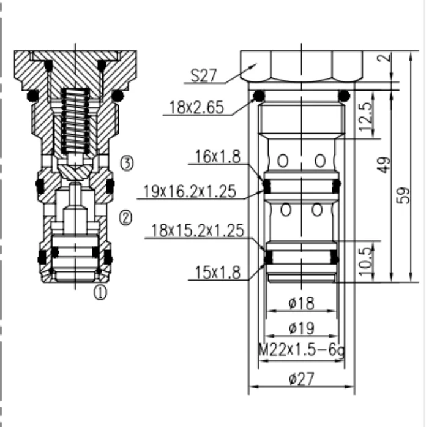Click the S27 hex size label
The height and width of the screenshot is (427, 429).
coord(204,75)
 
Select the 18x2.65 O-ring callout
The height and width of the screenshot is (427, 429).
coord(196,107)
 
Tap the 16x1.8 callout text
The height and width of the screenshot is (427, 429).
coord(218,157)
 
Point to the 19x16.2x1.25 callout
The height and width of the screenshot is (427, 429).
coord(190,191)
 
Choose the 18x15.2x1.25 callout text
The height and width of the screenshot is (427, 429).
coord(197,230)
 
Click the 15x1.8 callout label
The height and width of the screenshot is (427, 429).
coord(218,273)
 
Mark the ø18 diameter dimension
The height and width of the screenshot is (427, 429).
coord(301,303)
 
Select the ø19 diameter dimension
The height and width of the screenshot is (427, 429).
coord(301,328)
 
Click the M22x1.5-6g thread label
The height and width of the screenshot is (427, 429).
coord(301,350)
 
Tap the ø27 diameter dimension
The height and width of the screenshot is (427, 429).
coord(301,379)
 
